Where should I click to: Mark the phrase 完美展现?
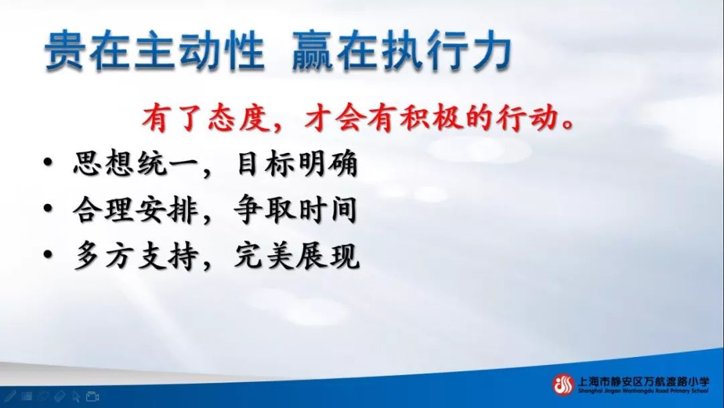coord(296,256)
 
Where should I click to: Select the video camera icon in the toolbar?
coord(93,397)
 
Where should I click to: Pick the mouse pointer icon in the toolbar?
coord(76,397)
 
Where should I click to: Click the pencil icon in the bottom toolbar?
coord(11,397)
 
